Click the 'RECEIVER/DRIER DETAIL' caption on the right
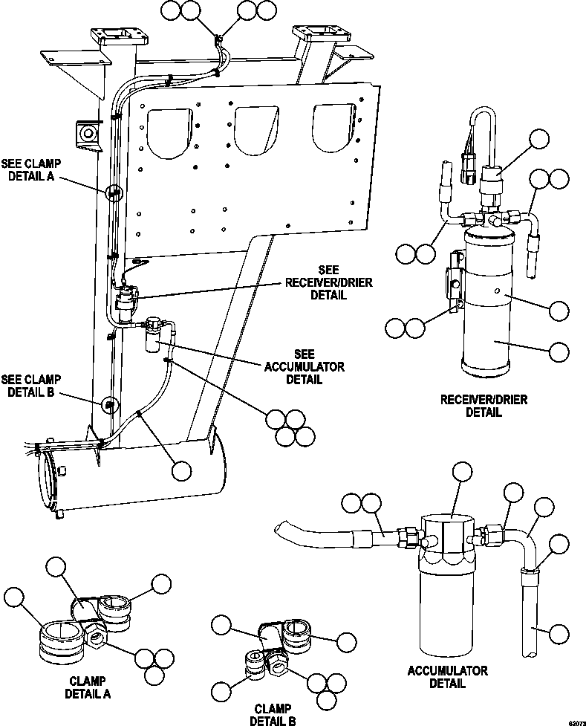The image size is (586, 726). point(484,406)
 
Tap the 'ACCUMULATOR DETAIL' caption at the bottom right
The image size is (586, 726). point(447,676)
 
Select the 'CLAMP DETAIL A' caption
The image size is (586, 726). point(89,687)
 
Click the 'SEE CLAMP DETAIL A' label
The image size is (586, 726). point(31,171)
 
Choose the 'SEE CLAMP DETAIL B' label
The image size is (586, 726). point(31,386)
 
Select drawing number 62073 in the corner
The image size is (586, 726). point(573,722)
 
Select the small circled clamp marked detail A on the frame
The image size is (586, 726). point(112,193)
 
